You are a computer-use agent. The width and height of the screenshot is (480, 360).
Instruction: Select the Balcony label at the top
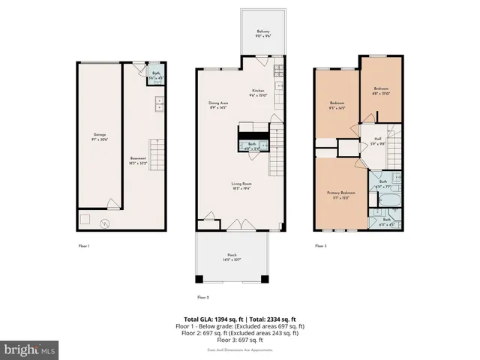pos(262,34)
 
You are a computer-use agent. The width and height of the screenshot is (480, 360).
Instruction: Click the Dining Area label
pos(218,104)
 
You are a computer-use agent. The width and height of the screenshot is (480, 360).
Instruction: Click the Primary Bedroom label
pos(340,195)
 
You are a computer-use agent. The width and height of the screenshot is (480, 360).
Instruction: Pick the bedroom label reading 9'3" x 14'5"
pos(337,104)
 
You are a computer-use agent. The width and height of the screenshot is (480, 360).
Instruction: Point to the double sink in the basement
pos(160,105)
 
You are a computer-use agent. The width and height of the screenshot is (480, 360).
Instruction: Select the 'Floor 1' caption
pos(83,245)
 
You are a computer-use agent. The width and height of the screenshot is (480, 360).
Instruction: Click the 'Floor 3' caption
pos(320,245)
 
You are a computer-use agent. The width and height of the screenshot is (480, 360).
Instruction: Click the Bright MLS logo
pos(30,349)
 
